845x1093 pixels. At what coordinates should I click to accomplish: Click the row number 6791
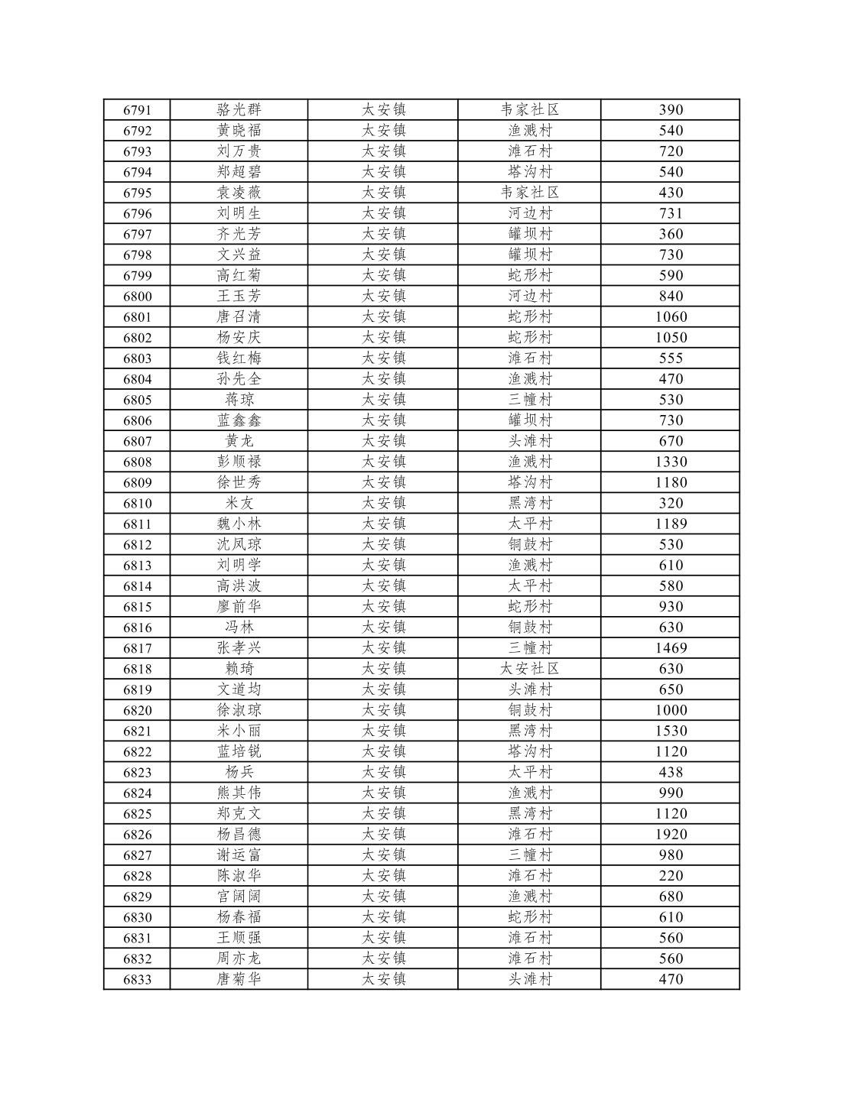[x=137, y=110]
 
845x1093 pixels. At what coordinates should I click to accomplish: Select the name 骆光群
[x=239, y=110]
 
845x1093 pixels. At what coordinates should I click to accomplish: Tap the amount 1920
[x=671, y=834]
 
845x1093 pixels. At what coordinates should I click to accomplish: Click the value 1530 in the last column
[x=671, y=731]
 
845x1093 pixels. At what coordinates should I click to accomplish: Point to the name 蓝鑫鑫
[x=239, y=420]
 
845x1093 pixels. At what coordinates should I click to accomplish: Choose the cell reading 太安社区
[x=529, y=669]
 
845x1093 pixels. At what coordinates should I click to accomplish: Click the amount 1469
[x=671, y=648]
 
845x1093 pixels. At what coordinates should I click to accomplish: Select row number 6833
[x=137, y=979]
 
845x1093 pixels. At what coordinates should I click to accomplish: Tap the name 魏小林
[x=239, y=524]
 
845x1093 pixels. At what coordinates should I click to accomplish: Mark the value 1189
[x=671, y=524]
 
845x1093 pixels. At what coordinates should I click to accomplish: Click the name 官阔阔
[x=239, y=897]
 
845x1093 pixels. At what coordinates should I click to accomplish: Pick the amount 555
[x=671, y=358]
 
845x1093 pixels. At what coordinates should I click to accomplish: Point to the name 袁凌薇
[x=239, y=193]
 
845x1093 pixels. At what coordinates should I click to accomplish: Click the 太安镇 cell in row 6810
[x=383, y=503]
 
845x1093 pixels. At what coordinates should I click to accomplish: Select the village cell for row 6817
[x=529, y=648]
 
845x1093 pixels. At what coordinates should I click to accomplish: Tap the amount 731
[x=671, y=213]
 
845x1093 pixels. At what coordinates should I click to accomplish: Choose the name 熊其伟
[x=239, y=793]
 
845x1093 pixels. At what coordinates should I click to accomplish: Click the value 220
[x=671, y=876]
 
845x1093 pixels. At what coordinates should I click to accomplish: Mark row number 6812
[x=137, y=544]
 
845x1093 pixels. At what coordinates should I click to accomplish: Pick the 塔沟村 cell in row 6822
[x=529, y=751]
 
